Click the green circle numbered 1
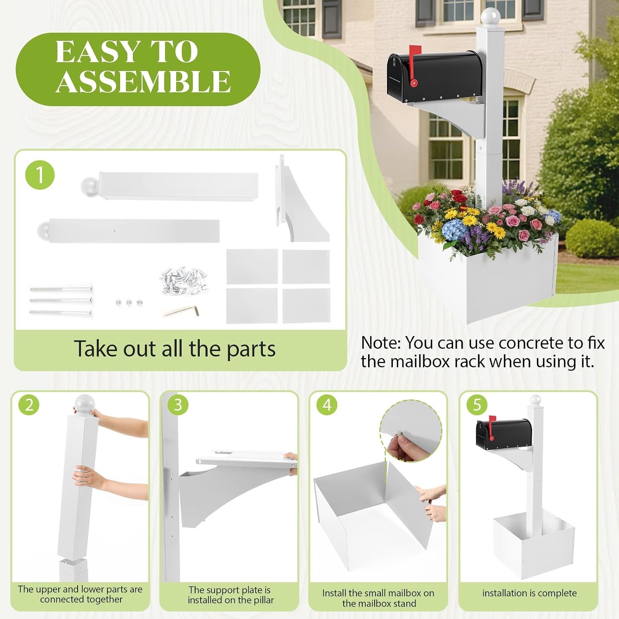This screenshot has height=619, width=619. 40,175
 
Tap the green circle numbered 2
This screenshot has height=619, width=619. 29,405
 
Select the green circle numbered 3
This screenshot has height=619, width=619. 178,405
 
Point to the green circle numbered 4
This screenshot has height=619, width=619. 327,405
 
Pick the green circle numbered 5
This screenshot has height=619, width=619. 477,405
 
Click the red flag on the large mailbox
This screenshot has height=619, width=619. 413,66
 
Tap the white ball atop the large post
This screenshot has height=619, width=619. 490,17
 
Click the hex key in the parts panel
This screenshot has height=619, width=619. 182,310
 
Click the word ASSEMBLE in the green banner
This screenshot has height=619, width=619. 143,81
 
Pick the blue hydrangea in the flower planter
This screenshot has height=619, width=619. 454,229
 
